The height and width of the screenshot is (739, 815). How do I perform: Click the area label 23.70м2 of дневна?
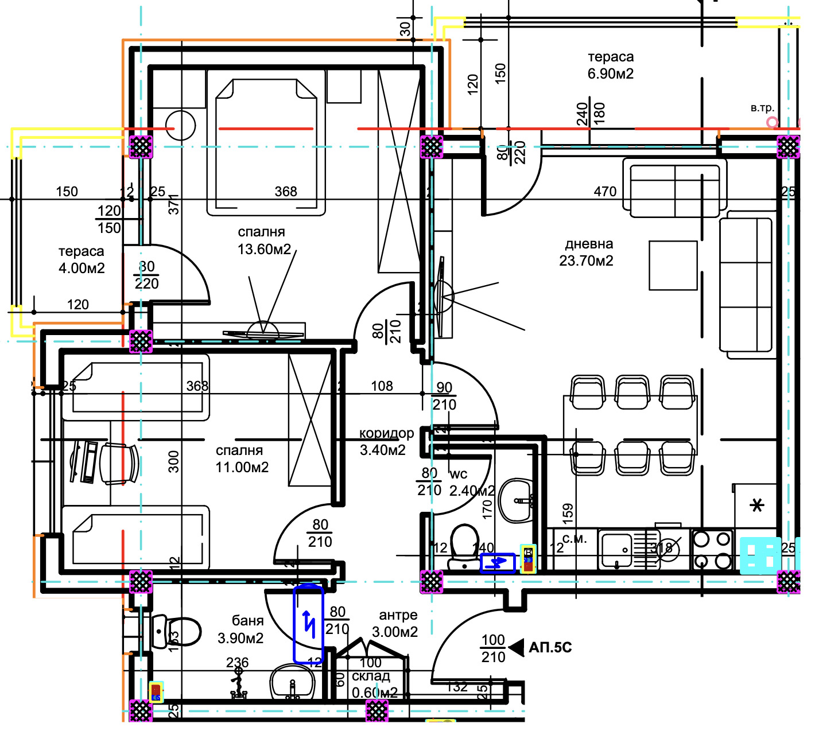586,261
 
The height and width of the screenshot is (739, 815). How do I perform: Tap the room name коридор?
386,433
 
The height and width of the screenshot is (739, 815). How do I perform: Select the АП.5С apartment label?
550,648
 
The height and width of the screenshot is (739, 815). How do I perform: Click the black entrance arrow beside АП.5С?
517,648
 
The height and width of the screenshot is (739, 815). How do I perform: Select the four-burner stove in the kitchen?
712,550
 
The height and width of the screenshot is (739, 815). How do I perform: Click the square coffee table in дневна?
673,265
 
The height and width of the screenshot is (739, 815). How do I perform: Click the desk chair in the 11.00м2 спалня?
119,463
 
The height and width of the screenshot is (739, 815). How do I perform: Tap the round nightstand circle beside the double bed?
181,125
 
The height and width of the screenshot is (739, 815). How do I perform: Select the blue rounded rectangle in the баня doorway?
309,624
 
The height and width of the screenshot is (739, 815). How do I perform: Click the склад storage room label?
371,676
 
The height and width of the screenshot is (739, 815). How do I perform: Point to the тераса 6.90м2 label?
611,65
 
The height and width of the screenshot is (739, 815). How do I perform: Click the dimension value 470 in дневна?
605,192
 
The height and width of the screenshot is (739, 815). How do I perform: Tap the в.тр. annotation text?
762,108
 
